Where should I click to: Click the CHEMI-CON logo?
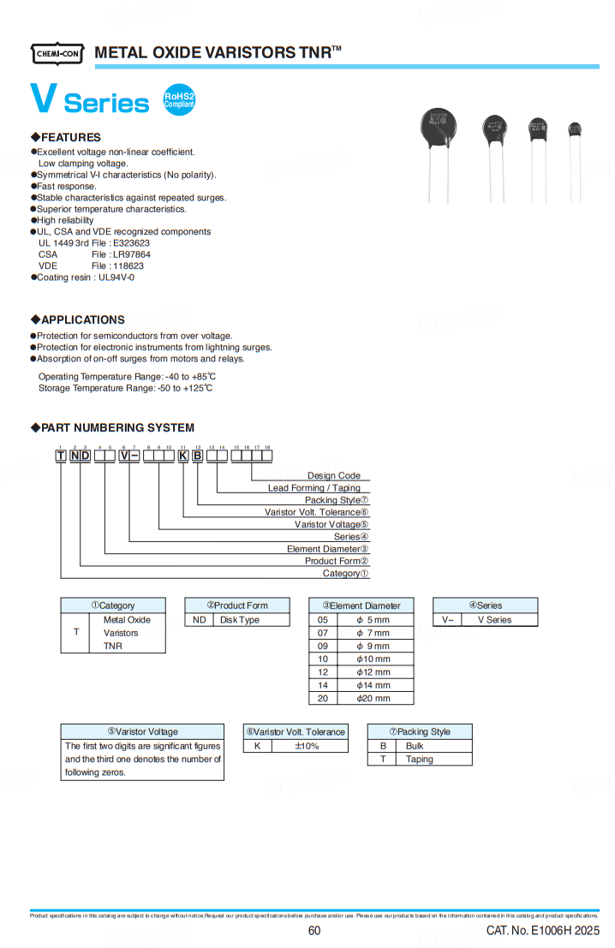click(58, 54)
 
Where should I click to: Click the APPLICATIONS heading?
click(82, 319)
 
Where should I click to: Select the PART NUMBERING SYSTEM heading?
click(117, 427)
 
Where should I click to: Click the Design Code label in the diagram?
click(334, 475)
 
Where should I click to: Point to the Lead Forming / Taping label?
click(314, 488)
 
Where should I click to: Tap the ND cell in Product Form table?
click(199, 620)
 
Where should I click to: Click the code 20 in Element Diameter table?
click(323, 698)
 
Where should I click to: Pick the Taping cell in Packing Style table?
click(420, 759)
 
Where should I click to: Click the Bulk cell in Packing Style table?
click(415, 746)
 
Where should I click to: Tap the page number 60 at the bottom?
click(313, 931)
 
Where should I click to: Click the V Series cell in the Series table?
click(494, 620)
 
